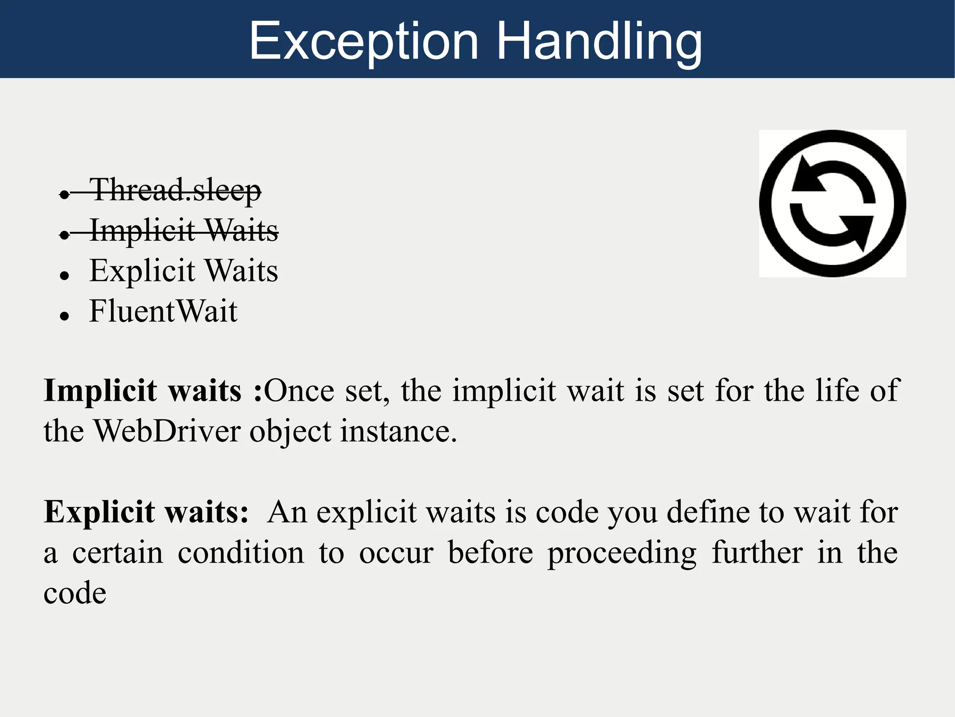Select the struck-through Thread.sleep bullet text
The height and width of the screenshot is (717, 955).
pos(175,190)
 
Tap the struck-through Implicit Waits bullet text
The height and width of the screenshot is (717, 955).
pos(184,230)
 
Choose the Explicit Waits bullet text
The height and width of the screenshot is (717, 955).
pos(184,271)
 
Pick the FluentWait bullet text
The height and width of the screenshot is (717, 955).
pos(163,311)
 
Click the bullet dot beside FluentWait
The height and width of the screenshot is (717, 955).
pos(64,316)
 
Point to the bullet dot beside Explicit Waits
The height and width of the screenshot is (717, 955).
pos(64,276)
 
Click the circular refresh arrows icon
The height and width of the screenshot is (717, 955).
pos(832,203)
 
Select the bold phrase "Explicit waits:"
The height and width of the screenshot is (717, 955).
pos(146,512)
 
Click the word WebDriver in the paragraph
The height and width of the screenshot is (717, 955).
pos(167,431)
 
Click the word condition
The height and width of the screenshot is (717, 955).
pos(241,553)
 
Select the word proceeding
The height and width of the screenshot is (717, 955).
pos(622,553)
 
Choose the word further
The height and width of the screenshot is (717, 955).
pos(757,553)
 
